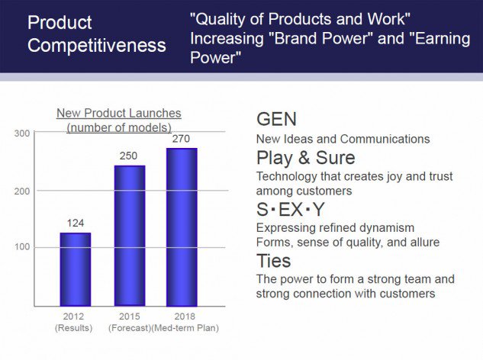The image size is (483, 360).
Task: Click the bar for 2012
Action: point(76,269)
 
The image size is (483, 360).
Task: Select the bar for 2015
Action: point(130,236)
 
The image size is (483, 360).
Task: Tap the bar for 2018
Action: point(182,227)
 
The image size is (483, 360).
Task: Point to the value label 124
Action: point(76,223)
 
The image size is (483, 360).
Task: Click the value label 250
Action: point(128,156)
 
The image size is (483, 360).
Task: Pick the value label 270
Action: point(181,139)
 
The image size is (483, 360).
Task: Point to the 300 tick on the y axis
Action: point(22,133)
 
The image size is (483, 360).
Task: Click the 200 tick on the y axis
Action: point(22,191)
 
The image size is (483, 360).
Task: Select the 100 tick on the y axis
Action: point(22,246)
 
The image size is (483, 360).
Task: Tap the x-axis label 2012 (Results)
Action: point(73,322)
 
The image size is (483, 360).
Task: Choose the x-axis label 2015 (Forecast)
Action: point(130,322)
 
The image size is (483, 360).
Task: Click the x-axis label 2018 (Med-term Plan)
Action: point(185,322)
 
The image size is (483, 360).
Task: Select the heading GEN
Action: point(276,119)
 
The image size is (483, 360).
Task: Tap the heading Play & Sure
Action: point(305,158)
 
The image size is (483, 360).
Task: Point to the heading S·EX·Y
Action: point(290,210)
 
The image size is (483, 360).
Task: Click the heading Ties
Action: point(273,261)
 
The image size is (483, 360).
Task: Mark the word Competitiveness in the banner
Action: point(97,45)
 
